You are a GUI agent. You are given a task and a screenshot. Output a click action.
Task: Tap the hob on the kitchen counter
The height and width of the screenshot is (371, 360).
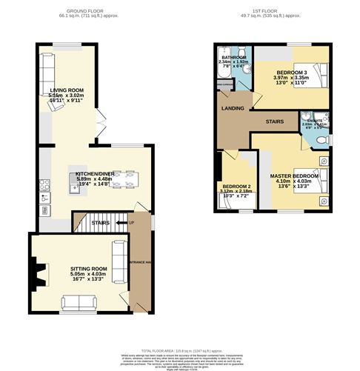pyautogui.click(x=44, y=198)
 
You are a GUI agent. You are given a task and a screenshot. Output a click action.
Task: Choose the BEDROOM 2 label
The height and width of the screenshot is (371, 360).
pyautogui.click(x=236, y=186)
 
